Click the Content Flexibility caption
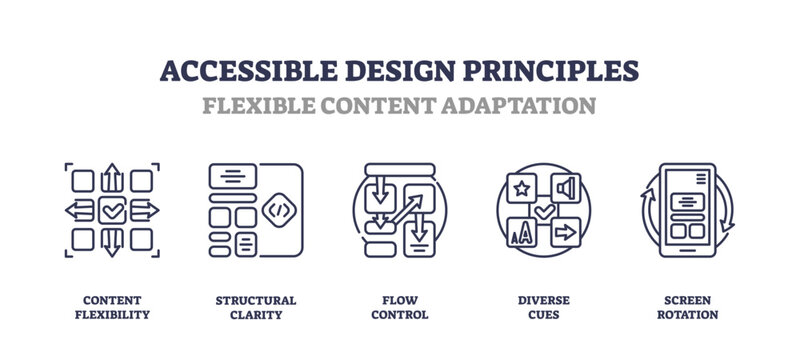click(111, 307)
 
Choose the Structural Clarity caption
click(255, 307)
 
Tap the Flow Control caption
click(399, 307)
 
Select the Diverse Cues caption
click(543, 307)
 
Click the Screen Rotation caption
click(687, 307)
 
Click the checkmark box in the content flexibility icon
click(112, 210)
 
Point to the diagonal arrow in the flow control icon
click(408, 211)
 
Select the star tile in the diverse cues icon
click(522, 188)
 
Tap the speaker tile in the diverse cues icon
click(566, 188)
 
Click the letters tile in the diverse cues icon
click(522, 233)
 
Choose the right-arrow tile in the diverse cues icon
click(566, 233)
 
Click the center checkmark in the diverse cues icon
click(544, 211)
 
